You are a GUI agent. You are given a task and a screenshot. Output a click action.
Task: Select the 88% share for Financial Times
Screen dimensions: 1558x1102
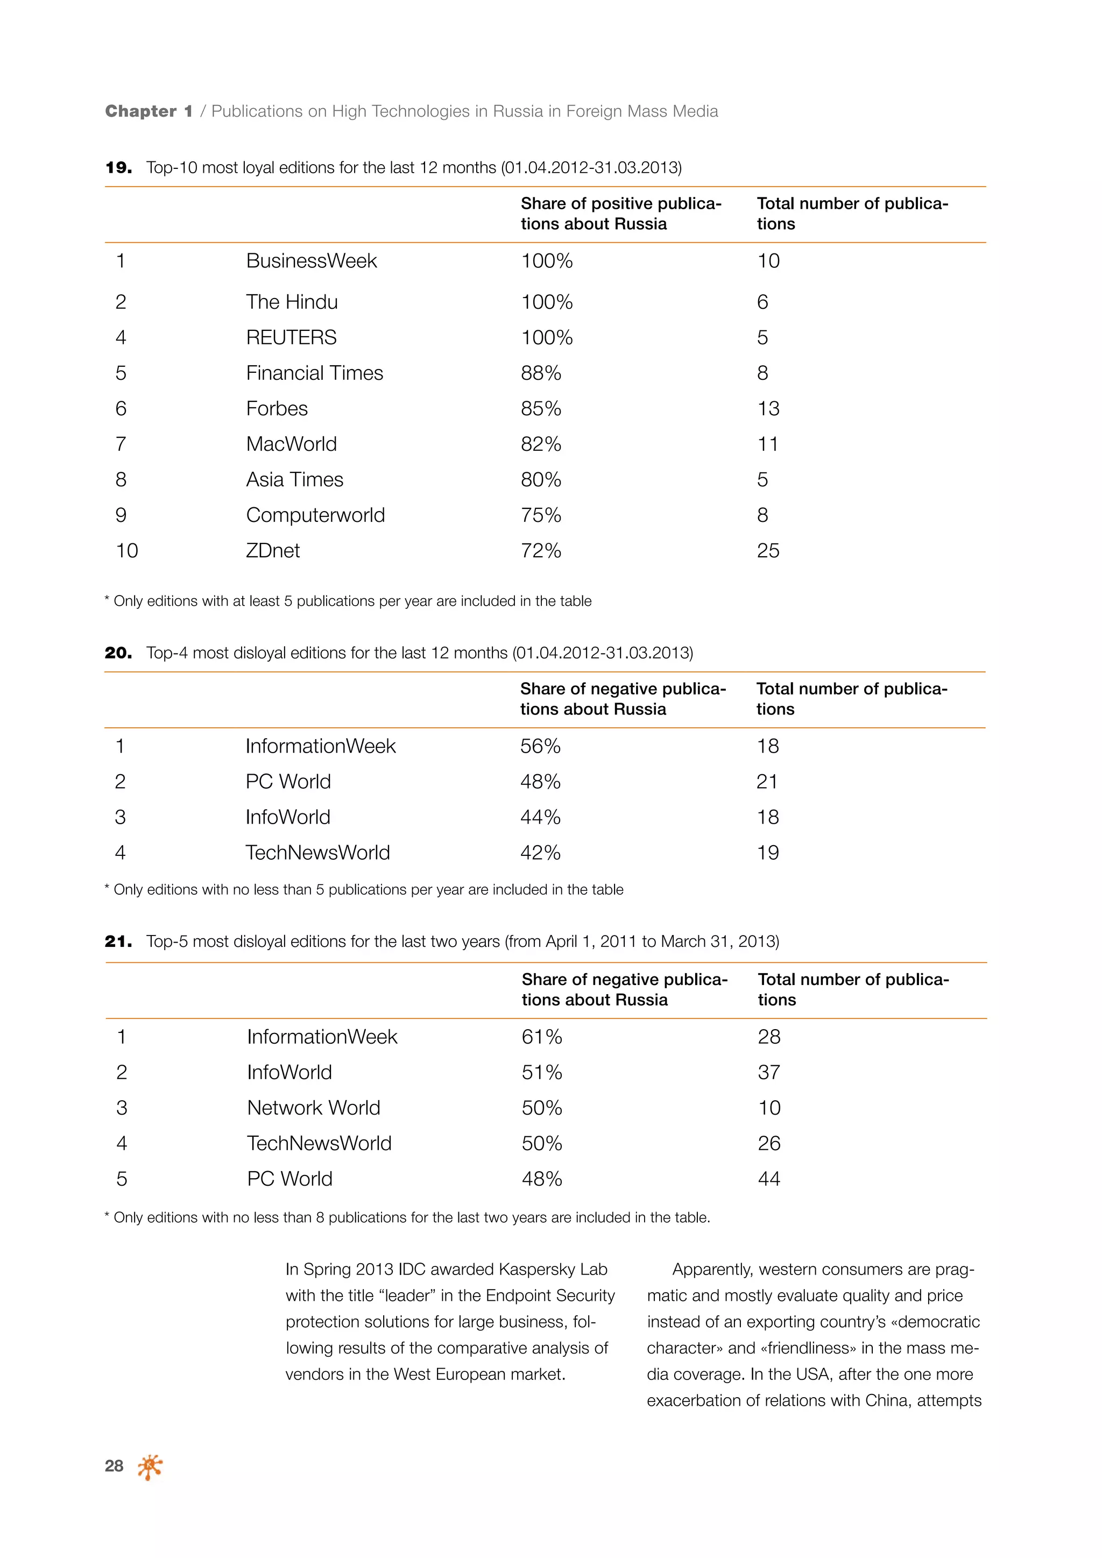(x=541, y=373)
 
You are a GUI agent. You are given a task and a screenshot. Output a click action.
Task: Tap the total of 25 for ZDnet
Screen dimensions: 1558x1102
(x=768, y=551)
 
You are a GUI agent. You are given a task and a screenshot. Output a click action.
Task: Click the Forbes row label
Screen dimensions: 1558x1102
(x=277, y=408)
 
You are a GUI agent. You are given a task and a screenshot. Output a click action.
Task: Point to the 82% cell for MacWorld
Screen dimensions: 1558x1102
(x=541, y=444)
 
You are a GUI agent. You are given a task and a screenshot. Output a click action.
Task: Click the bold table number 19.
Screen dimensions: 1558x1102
(x=119, y=168)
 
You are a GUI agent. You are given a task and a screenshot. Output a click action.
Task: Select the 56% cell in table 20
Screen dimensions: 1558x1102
(x=540, y=746)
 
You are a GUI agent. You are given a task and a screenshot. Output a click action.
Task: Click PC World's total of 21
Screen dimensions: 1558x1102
(x=767, y=782)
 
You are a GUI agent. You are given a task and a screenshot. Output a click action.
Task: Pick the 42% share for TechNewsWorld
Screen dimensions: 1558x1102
(x=540, y=853)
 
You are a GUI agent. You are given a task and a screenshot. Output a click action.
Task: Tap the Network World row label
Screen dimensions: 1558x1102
(x=314, y=1108)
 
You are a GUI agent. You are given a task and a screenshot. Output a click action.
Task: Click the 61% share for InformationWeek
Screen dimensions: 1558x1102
(x=541, y=1037)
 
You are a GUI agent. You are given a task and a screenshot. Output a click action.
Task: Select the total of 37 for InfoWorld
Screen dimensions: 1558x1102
(x=769, y=1073)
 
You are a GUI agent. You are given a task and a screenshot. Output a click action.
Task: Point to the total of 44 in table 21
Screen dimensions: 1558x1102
(x=769, y=1179)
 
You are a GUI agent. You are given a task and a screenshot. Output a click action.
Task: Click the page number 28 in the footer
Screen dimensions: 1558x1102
(x=114, y=1467)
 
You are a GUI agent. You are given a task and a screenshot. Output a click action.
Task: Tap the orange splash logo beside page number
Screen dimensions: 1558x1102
(x=150, y=1467)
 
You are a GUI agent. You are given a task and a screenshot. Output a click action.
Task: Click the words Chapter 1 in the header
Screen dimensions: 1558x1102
(x=149, y=111)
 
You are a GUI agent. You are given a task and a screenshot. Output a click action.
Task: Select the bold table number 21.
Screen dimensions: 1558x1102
(x=119, y=942)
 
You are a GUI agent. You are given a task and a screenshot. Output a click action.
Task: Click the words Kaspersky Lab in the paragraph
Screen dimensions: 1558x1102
(x=553, y=1270)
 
